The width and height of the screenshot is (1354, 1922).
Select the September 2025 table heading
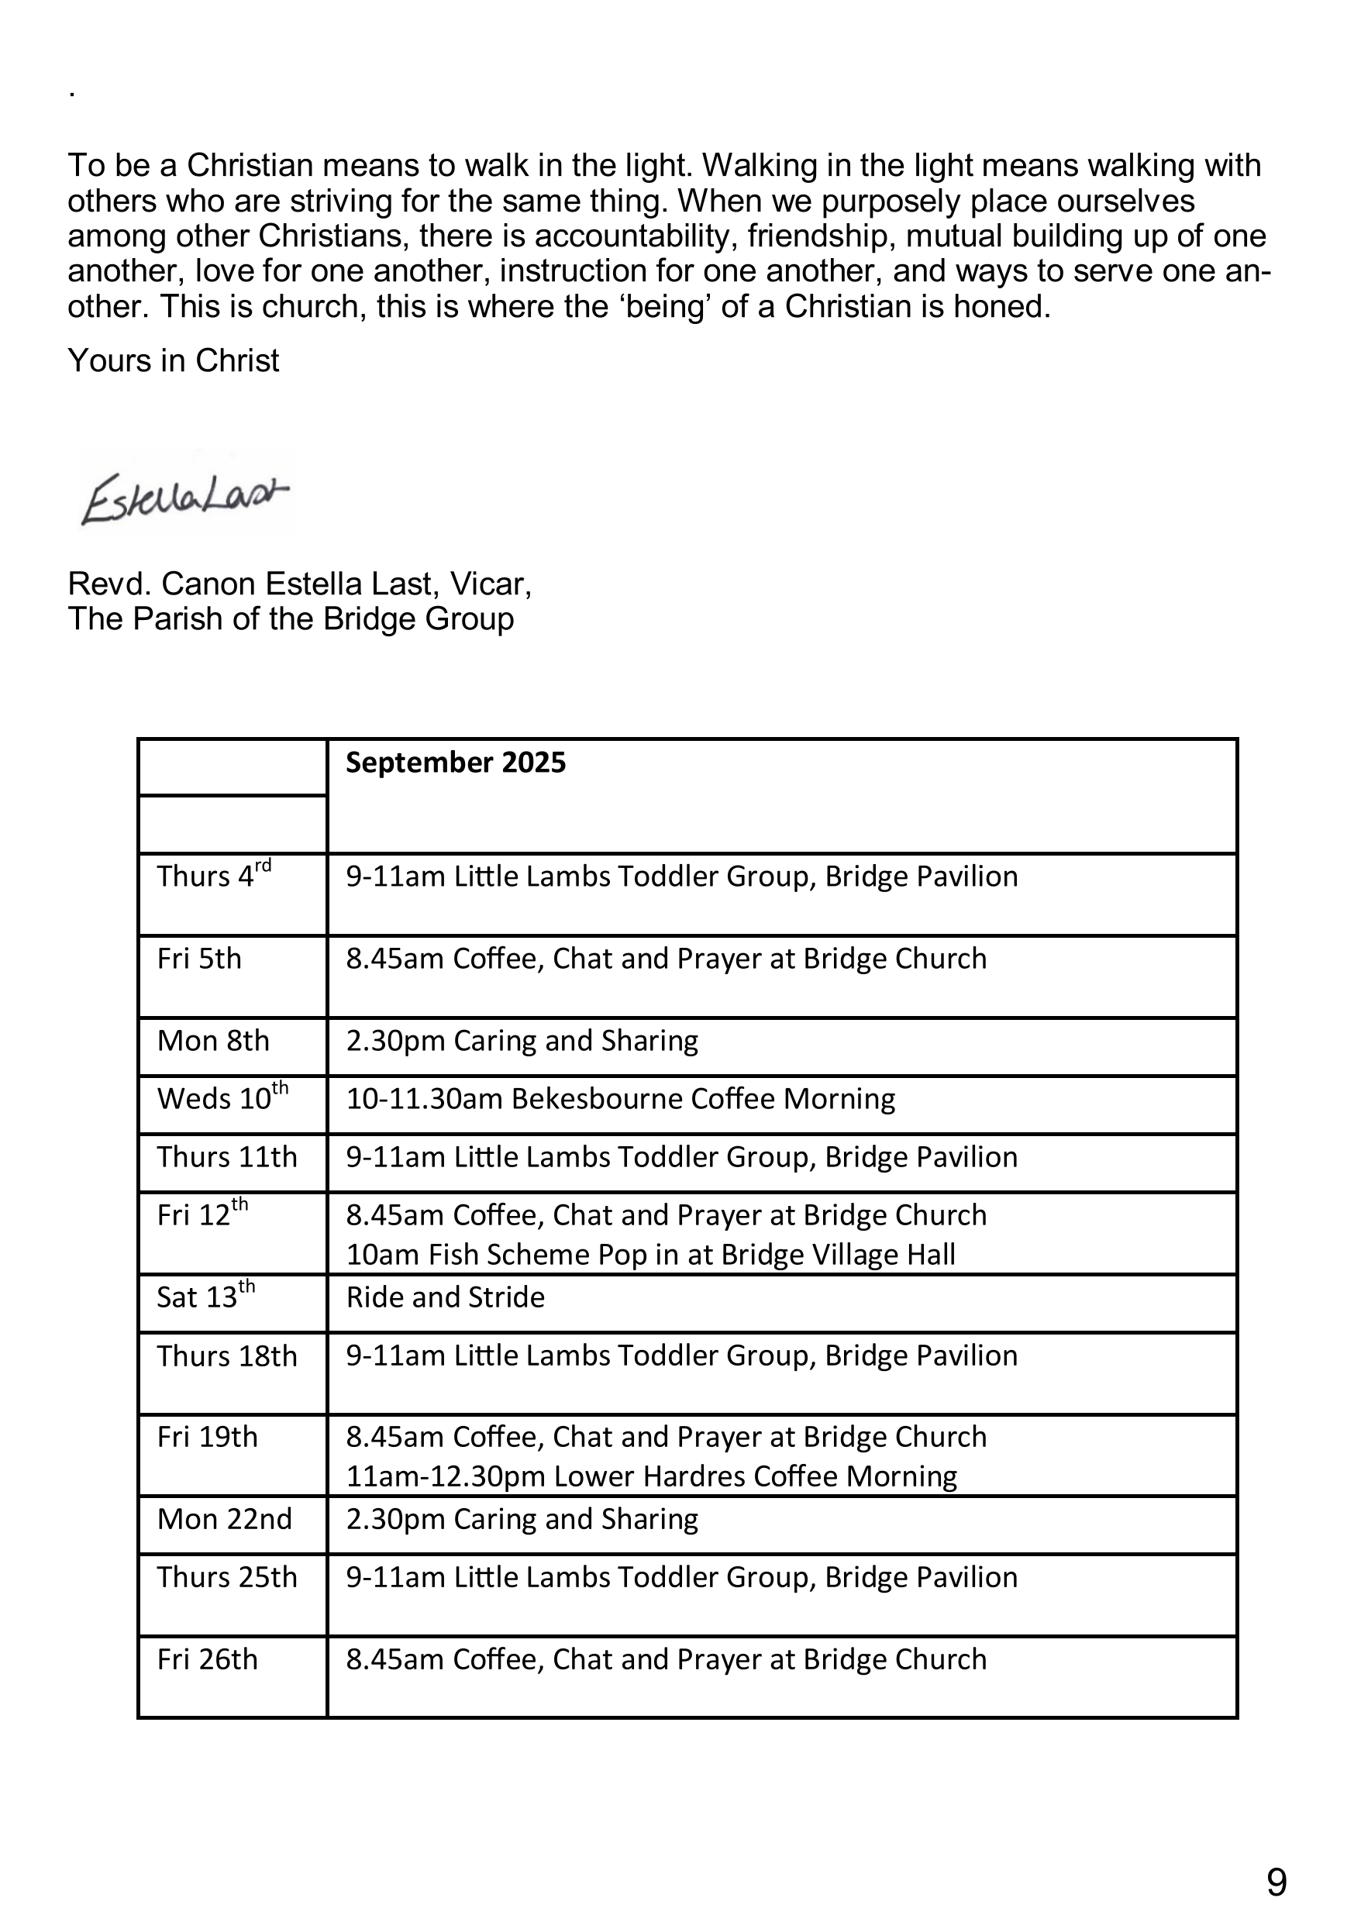tap(456, 763)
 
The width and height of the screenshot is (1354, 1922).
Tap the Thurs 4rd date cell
tap(214, 876)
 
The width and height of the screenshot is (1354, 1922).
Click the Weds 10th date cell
tap(222, 1097)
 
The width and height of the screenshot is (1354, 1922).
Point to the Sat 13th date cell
tap(205, 1297)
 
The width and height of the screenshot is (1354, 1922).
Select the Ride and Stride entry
tap(446, 1297)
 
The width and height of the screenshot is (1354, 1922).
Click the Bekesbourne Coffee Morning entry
tap(621, 1098)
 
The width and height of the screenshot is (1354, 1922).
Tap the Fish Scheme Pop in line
tap(650, 1254)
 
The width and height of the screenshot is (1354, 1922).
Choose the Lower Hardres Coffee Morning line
tap(652, 1476)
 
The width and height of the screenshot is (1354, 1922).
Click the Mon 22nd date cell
tap(225, 1518)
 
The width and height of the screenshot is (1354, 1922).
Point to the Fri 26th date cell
tap(207, 1659)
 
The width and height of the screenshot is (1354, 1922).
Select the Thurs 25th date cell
tap(227, 1577)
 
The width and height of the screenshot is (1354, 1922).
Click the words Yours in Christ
tap(174, 361)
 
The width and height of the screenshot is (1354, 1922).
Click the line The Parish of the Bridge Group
tap(291, 618)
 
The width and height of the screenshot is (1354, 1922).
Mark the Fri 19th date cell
tap(207, 1437)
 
